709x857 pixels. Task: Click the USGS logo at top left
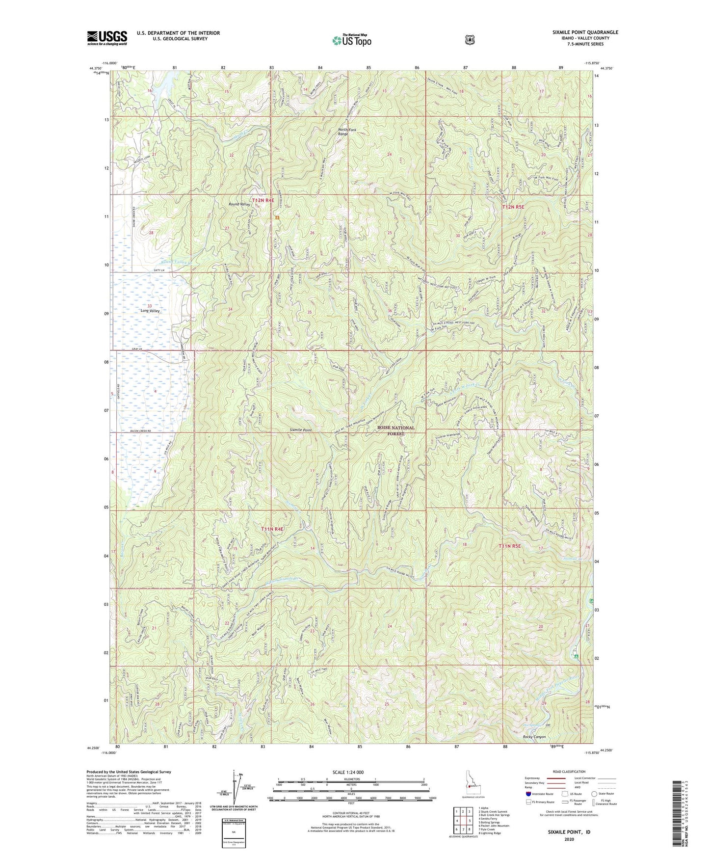[107, 38]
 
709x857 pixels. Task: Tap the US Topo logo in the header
[351, 40]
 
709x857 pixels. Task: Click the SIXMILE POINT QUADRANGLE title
[582, 32]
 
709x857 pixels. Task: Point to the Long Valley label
[150, 311]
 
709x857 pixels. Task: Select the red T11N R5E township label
[513, 546]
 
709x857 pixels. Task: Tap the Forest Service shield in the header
[470, 39]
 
